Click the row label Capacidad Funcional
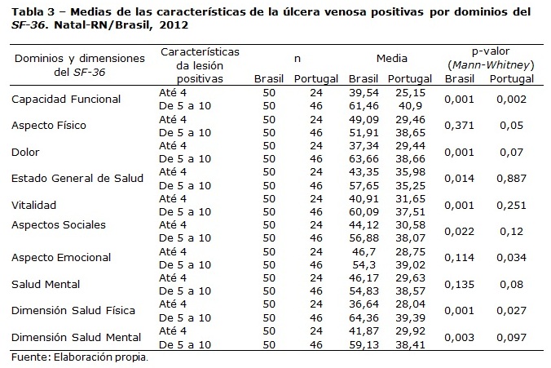pos(66,100)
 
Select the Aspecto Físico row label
pos(49,125)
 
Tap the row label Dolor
pos(25,152)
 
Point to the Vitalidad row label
pos(33,205)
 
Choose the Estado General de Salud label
pos(77,179)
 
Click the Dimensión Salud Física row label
pos(73,311)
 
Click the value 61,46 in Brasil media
pos(364,106)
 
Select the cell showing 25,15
pos(411,93)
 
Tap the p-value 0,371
pos(459,126)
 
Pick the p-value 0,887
pos(511,179)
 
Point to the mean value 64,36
pos(364,317)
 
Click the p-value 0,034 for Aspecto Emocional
pos(511,258)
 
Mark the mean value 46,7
pos(364,252)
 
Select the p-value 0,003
pos(459,337)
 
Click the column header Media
pos(392,59)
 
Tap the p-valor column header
pos(491,51)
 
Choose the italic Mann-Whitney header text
pos(491,65)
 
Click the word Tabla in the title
pos(28,12)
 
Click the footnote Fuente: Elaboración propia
pos(80,357)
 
